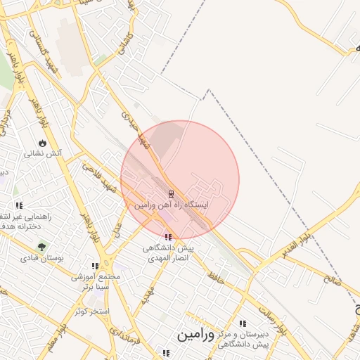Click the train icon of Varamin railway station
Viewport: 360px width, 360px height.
171,193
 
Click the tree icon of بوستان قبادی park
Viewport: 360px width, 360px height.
41,247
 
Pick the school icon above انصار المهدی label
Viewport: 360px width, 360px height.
167,237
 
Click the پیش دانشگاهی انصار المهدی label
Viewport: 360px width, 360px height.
169,253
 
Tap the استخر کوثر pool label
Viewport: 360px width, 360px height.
89,310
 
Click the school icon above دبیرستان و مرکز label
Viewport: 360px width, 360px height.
243,324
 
